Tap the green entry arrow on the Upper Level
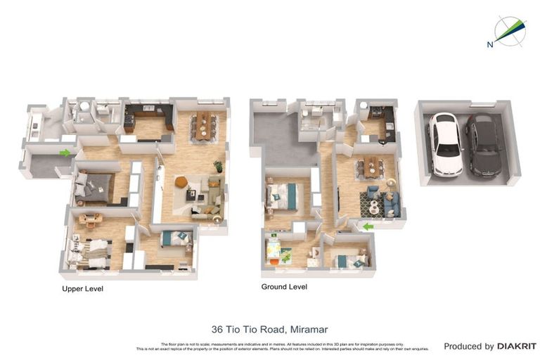65,153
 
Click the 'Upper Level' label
83,288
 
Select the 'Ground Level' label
284,287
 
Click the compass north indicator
508,31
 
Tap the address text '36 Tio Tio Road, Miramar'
270,329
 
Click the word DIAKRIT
517,346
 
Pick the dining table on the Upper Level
203,125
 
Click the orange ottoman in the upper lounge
181,182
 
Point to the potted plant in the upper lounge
218,167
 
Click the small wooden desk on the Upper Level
89,219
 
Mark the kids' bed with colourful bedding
272,251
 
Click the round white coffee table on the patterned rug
374,207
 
